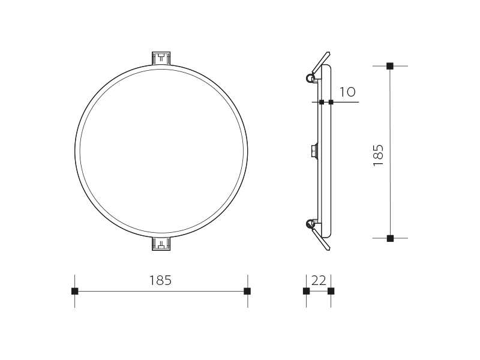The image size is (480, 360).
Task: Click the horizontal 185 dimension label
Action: (x=160, y=280)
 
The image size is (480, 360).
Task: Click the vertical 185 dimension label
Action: (x=379, y=155)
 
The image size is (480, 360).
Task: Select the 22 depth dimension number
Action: (x=319, y=280)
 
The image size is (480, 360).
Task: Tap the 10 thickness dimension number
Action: (x=347, y=92)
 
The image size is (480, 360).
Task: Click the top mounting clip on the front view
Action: (x=161, y=58)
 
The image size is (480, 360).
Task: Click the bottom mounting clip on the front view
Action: (x=161, y=244)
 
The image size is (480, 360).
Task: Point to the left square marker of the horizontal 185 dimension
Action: (x=74, y=291)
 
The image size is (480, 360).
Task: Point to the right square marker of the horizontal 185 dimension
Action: (x=247, y=291)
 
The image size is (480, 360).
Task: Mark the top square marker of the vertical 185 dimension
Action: (x=389, y=66)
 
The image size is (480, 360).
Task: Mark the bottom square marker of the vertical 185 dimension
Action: (x=390, y=238)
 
